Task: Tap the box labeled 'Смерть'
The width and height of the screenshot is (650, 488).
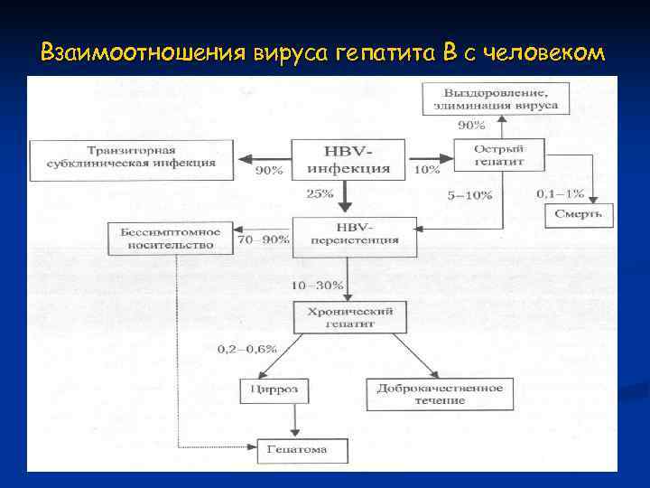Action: (579, 214)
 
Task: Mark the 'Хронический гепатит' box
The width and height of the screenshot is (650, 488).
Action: (348, 316)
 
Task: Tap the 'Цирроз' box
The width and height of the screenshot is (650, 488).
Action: (274, 391)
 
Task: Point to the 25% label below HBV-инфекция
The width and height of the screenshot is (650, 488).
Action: (320, 192)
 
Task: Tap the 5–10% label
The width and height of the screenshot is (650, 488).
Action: (469, 194)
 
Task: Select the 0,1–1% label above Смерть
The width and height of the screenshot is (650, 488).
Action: (560, 193)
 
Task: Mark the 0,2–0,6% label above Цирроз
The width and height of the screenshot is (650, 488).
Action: (247, 349)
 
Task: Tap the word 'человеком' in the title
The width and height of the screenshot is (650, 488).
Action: (543, 53)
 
